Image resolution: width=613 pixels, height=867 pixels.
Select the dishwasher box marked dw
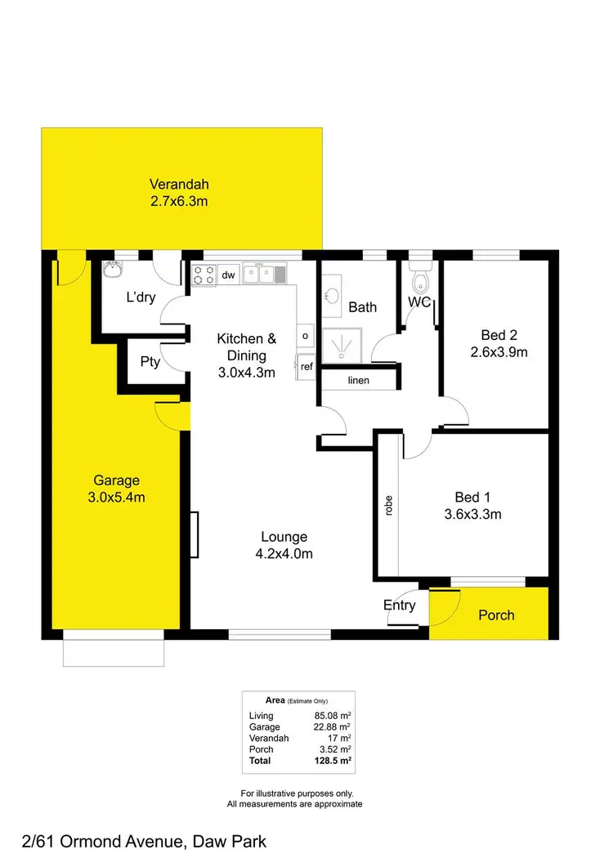(228, 275)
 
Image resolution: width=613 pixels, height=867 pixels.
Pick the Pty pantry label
(150, 362)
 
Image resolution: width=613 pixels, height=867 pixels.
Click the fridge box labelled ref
(306, 366)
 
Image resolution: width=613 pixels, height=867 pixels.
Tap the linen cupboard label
(358, 381)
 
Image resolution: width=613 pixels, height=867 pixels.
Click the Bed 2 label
(499, 335)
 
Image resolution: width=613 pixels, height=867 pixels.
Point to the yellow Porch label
(496, 614)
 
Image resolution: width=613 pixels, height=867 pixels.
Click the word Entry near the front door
(400, 606)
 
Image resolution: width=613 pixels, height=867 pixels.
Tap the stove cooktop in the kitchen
(204, 275)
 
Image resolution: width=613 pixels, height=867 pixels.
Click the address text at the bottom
(134, 841)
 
